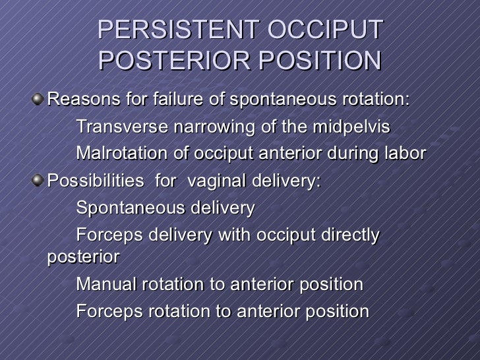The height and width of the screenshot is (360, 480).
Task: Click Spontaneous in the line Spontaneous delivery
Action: click(123, 209)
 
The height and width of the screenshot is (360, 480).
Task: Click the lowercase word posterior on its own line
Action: click(83, 256)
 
